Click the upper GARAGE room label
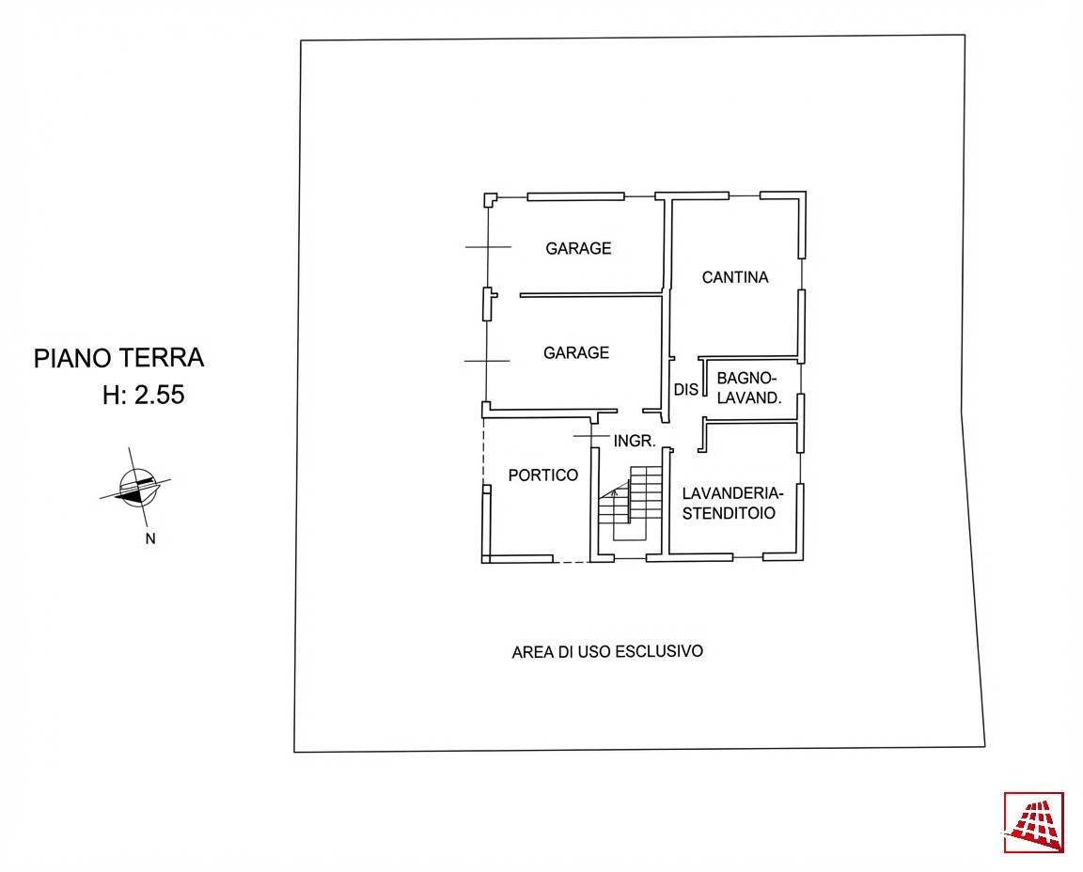point(578,249)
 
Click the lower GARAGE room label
point(576,353)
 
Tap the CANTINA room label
point(735,277)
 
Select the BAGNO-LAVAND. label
point(749,388)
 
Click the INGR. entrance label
point(634,440)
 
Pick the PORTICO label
point(542,475)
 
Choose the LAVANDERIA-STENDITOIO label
point(732,503)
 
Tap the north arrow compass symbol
point(135,487)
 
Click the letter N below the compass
point(149,539)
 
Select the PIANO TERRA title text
point(119,358)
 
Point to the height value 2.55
point(160,396)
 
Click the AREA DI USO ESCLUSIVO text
point(607,651)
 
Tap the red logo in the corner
point(1033,822)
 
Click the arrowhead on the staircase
point(615,491)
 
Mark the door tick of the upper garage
point(488,247)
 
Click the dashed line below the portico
point(571,562)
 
